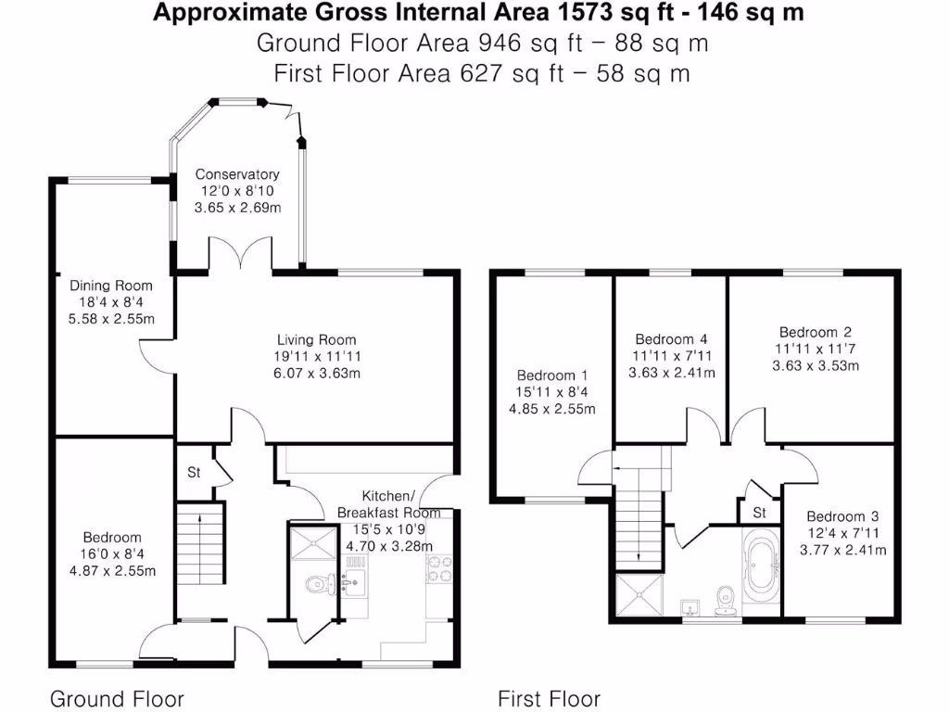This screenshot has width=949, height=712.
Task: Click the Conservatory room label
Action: pyautogui.click(x=237, y=174)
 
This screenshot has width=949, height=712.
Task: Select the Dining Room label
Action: pyautogui.click(x=111, y=286)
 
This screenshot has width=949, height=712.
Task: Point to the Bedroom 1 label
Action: pyautogui.click(x=552, y=375)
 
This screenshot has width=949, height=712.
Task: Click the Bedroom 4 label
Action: pyautogui.click(x=671, y=339)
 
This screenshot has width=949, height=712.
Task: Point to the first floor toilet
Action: pyautogui.click(x=726, y=597)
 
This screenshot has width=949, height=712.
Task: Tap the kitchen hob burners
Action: pyautogui.click(x=439, y=567)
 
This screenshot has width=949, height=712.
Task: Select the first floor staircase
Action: pyautogui.click(x=640, y=519)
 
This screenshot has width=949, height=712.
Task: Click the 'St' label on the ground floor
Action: pyautogui.click(x=194, y=473)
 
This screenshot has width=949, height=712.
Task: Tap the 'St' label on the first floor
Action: pyautogui.click(x=759, y=512)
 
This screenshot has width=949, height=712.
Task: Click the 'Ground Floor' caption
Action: pyautogui.click(x=117, y=698)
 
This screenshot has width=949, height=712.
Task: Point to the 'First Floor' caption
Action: pyautogui.click(x=549, y=698)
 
